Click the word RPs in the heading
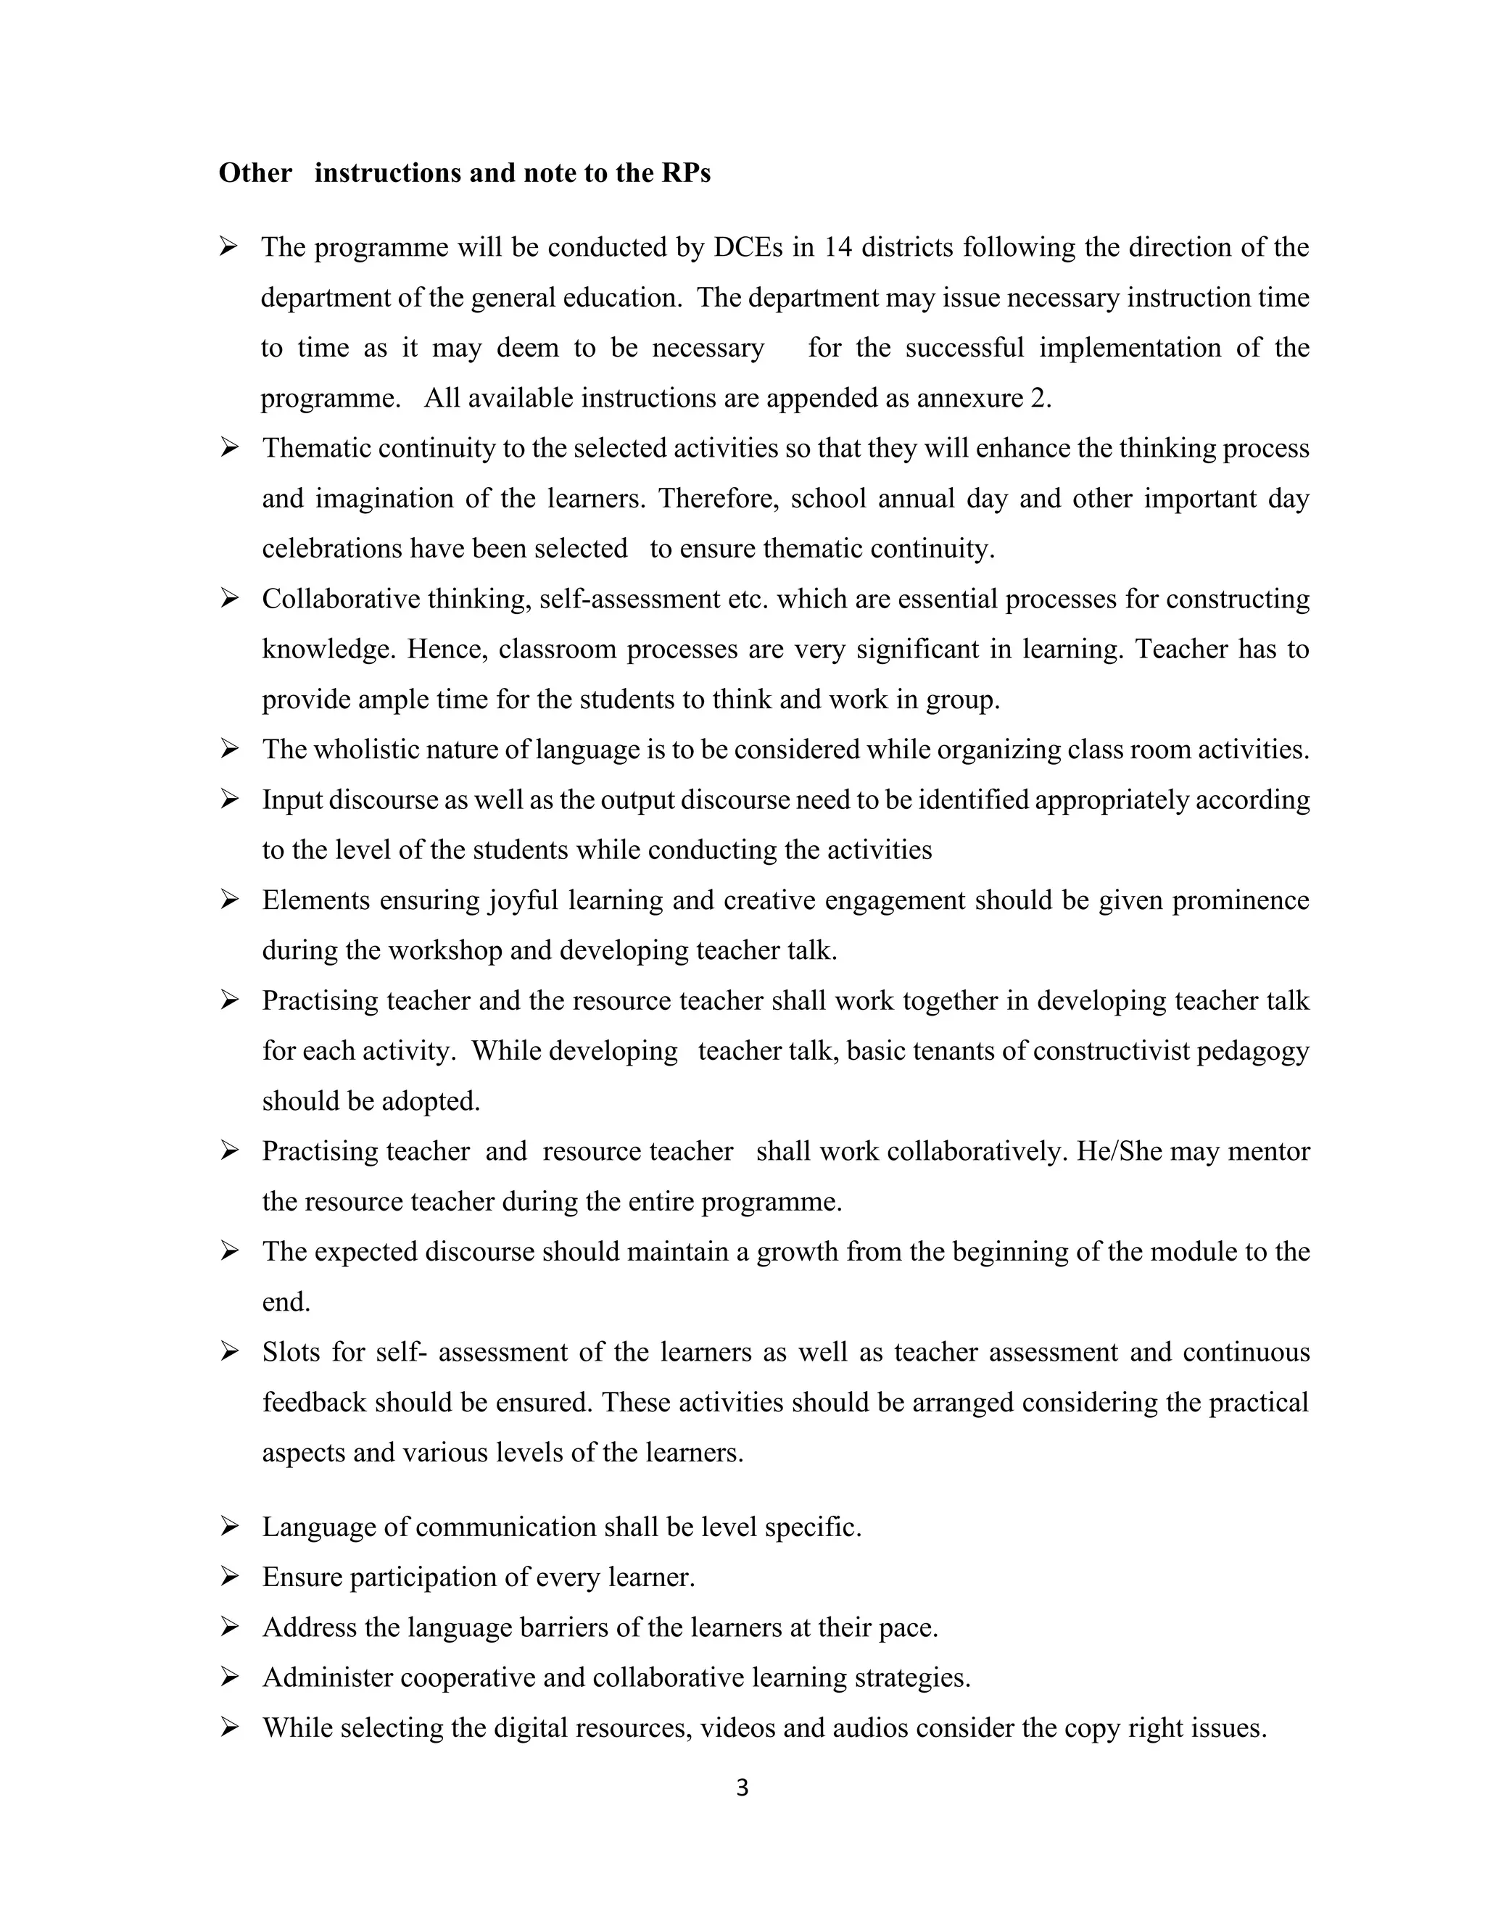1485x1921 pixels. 684,173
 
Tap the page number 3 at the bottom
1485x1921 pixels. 742,1788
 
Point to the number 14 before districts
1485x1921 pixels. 837,248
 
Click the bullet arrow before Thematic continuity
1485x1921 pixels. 230,449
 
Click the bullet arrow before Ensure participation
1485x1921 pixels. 230,1577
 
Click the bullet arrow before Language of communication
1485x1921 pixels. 230,1527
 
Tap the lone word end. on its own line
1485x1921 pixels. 286,1302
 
